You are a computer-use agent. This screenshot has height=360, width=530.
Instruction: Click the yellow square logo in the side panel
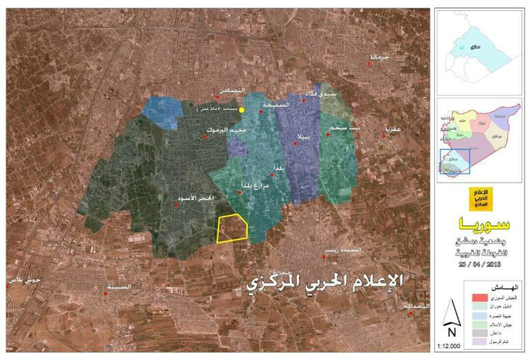(x=478, y=199)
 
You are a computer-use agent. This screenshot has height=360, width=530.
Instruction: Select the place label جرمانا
(x=380, y=57)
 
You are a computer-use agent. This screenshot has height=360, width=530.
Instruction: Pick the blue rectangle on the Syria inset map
(x=455, y=161)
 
